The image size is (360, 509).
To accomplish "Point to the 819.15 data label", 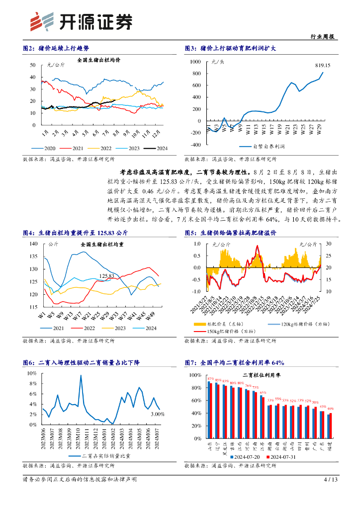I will pos(323,66).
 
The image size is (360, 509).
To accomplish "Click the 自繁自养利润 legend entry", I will pos(267,147).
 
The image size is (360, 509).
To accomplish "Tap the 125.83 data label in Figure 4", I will pos(107,276).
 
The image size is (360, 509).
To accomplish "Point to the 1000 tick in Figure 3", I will pos(195,62).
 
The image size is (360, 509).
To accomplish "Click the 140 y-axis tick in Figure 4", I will pos(34,244).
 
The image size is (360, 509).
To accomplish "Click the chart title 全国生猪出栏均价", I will pos(99,60).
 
